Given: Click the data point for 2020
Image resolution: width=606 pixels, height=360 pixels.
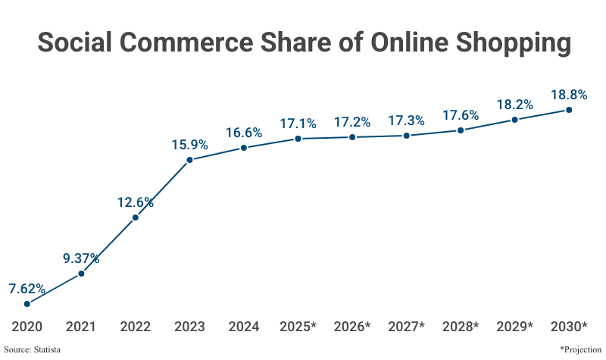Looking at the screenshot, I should pyautogui.click(x=27, y=304).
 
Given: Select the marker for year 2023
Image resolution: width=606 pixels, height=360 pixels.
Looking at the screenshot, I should pyautogui.click(x=189, y=160).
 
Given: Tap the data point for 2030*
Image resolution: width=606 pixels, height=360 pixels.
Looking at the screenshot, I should pyautogui.click(x=569, y=110).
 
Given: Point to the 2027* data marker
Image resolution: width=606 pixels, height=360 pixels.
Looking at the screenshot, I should pyautogui.click(x=407, y=136).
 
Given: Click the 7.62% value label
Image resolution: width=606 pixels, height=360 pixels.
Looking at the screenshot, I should pyautogui.click(x=27, y=288).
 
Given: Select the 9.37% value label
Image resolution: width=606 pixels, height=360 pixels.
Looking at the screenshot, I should pyautogui.click(x=81, y=258).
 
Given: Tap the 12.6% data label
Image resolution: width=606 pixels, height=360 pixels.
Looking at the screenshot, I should pyautogui.click(x=136, y=202).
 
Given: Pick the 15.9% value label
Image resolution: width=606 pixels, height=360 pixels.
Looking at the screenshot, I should pyautogui.click(x=189, y=144).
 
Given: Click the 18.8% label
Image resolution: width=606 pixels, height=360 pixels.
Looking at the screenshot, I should pyautogui.click(x=569, y=95).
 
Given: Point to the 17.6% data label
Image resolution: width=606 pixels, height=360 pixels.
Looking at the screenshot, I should pyautogui.click(x=461, y=115).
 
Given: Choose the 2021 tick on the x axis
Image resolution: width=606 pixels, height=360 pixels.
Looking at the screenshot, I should pyautogui.click(x=81, y=327).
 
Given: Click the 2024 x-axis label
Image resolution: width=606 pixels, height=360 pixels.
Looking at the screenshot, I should pyautogui.click(x=244, y=327).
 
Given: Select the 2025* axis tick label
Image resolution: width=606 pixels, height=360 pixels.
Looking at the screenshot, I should pyautogui.click(x=298, y=327).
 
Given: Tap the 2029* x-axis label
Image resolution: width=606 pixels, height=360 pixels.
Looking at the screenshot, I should pyautogui.click(x=515, y=327).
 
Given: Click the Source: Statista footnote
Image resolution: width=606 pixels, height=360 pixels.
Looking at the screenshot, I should pyautogui.click(x=33, y=349).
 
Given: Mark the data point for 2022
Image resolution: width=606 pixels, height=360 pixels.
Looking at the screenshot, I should pyautogui.click(x=136, y=218).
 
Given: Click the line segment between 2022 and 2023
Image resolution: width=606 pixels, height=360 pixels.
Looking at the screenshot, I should pyautogui.click(x=163, y=189).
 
